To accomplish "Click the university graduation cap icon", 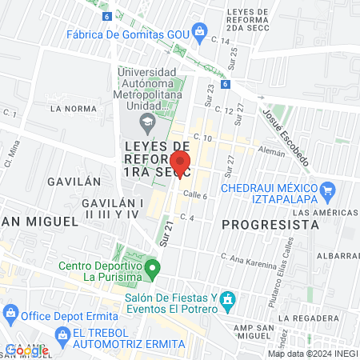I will [x=147, y=122].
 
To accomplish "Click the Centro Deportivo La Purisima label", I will [x=99, y=271].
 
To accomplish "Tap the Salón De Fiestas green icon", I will [x=227, y=301].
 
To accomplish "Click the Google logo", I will [x=26, y=350].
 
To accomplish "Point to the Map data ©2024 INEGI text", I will [x=312, y=354].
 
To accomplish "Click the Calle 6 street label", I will [x=195, y=196].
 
